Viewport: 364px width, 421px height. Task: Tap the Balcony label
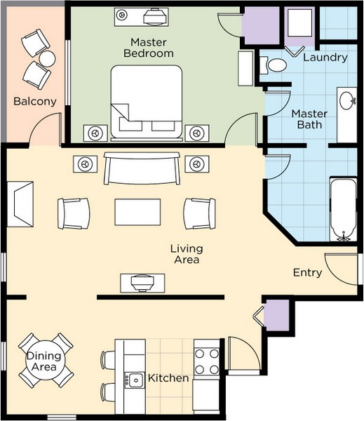(35, 102)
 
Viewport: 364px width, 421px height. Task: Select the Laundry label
(325, 58)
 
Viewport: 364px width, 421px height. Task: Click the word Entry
(307, 273)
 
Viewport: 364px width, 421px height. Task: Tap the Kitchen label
(168, 378)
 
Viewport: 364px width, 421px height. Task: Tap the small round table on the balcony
(46, 58)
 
